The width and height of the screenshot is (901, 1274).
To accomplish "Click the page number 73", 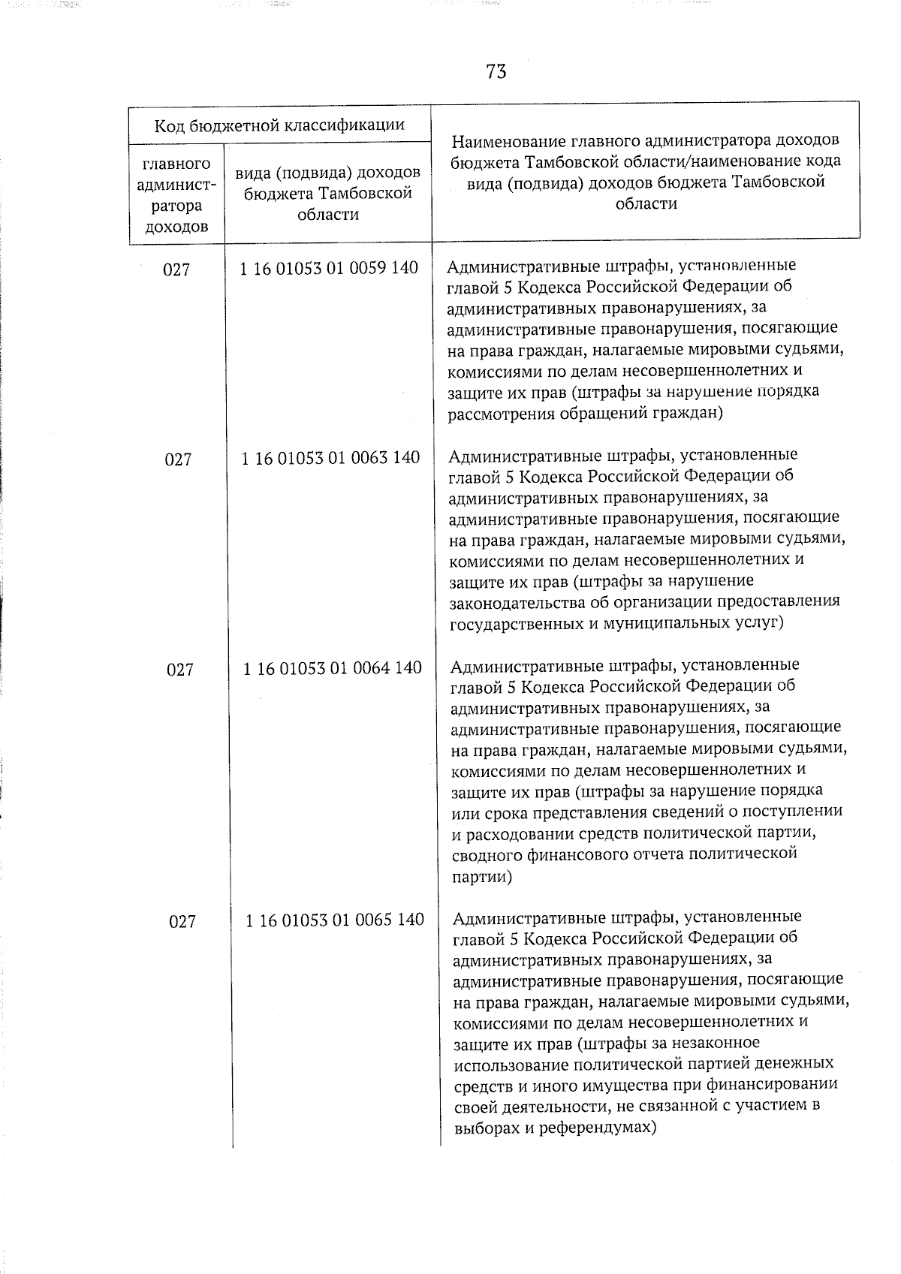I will [x=496, y=72].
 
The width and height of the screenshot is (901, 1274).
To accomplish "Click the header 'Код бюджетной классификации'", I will [x=279, y=125].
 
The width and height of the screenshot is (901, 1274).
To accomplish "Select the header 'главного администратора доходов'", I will [x=176, y=195].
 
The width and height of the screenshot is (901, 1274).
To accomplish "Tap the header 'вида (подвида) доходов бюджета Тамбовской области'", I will [x=328, y=194].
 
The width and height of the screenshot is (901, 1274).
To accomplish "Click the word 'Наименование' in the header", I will [x=509, y=141].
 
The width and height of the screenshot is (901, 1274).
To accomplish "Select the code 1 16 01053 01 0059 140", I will [x=329, y=268].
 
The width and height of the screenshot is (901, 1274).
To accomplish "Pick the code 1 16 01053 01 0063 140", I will [x=330, y=458].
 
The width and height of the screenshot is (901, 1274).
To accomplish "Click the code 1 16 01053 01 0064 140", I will [x=332, y=668].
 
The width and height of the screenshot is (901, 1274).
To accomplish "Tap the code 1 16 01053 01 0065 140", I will [x=335, y=920].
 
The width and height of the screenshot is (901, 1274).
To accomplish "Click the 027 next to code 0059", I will [x=176, y=270].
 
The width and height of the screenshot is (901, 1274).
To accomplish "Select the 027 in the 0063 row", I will [x=178, y=459].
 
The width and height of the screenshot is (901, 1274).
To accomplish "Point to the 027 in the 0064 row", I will [x=180, y=670].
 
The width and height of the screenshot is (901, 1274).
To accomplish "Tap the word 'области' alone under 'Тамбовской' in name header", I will [x=646, y=203].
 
